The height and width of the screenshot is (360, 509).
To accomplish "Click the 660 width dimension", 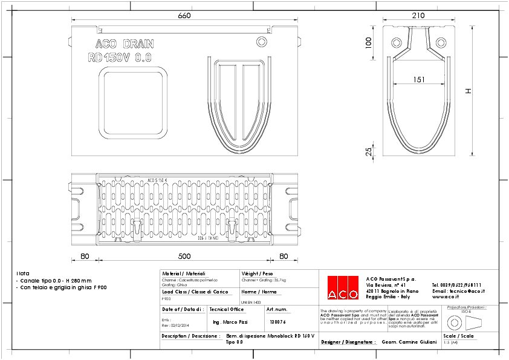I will tap(184, 16).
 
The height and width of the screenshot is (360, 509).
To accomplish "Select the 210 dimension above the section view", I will tap(418, 16).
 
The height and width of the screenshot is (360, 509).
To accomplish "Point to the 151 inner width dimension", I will tap(418, 79).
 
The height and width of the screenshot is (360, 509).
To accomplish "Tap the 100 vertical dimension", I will tap(369, 42).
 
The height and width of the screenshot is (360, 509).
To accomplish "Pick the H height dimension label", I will tap(468, 91).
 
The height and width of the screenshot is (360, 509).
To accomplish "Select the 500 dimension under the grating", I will tap(184, 256).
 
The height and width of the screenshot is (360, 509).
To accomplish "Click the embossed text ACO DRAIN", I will tap(125, 44).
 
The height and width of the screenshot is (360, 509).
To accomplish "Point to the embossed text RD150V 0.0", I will tap(119, 57).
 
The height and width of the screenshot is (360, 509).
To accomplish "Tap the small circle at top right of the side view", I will tap(261, 41).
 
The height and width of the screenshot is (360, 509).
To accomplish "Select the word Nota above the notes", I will tap(22, 273).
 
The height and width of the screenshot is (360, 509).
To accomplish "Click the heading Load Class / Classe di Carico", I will tap(186, 292).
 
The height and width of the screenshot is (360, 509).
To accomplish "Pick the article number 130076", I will tap(277, 322).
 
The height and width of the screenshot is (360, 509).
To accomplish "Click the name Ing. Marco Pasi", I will tap(231, 322).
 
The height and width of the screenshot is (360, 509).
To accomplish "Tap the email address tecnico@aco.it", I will tap(459, 290).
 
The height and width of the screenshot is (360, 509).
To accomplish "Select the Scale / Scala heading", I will tap(458, 335).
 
